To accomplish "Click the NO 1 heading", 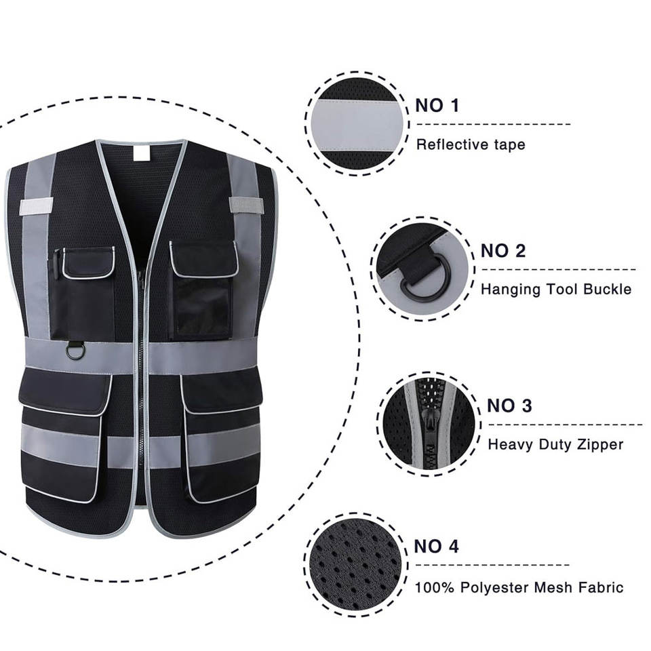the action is coord(437,105).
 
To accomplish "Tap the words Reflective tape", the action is coord(470,144).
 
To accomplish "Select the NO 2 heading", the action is coord(502,251).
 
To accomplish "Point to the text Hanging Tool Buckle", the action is coord(555,290).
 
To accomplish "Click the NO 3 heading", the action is coord(509,406).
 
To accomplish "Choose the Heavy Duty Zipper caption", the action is coord(555,445).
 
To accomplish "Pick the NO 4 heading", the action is coord(436,546).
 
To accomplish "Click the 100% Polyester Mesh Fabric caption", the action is coord(519,587).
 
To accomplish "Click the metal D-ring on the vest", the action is coord(75,351).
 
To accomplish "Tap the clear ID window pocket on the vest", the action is coord(201,309).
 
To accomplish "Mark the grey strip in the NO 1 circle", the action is coord(358,124).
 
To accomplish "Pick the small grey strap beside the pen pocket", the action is coord(37,206).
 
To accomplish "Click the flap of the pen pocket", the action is coord(89,263).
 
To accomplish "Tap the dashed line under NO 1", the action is coord(492,124).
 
